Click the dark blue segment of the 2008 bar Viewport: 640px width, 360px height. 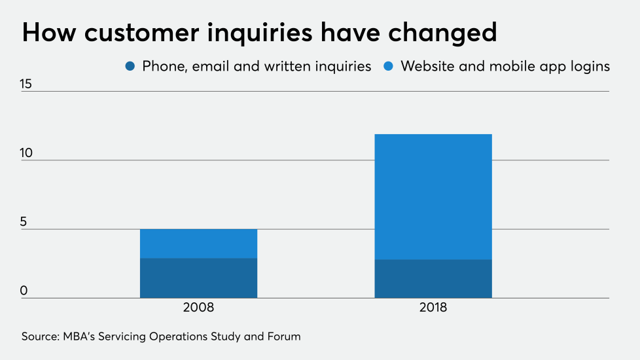pyautogui.click(x=198, y=278)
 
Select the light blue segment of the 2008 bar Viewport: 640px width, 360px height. pyautogui.click(x=198, y=243)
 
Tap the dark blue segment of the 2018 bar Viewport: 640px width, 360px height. pyautogui.click(x=433, y=279)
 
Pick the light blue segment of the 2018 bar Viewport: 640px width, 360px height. pyautogui.click(x=433, y=196)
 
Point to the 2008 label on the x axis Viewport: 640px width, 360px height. pyautogui.click(x=199, y=308)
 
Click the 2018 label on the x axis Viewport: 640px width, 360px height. pyautogui.click(x=433, y=308)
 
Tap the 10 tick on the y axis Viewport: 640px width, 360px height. pyautogui.click(x=26, y=153)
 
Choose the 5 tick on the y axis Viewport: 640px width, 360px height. pyautogui.click(x=25, y=222)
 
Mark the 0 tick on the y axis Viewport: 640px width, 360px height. pyautogui.click(x=25, y=291)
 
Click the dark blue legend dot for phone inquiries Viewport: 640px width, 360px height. pyautogui.click(x=130, y=66)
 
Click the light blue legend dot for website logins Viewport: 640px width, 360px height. pyautogui.click(x=388, y=66)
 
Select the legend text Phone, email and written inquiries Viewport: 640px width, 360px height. pyautogui.click(x=257, y=66)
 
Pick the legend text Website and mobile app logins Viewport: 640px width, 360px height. pyautogui.click(x=505, y=66)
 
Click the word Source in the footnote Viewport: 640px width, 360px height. pyautogui.click(x=40, y=336)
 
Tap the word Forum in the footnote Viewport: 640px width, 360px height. pyautogui.click(x=284, y=336)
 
